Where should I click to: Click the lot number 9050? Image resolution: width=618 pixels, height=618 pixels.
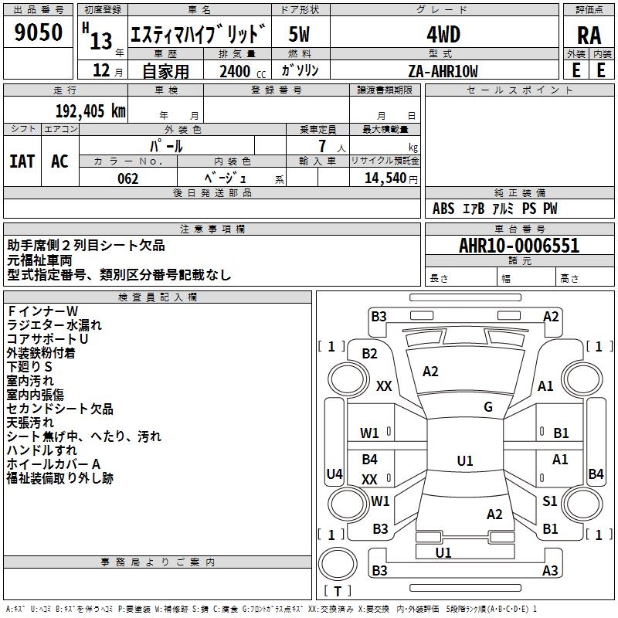tap(38, 32)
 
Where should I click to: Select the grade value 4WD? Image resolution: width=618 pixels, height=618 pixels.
tap(443, 34)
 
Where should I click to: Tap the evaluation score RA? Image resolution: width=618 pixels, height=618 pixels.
tap(589, 36)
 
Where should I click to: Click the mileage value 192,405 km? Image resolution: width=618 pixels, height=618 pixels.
tap(90, 111)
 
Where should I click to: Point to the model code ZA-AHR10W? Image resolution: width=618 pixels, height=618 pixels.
tap(443, 71)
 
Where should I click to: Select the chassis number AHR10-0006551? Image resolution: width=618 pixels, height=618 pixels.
tap(519, 246)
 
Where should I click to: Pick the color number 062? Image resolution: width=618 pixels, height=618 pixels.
tap(127, 178)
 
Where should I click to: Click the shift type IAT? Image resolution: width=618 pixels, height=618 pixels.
tap(22, 161)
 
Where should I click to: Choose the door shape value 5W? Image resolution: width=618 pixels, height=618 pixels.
tap(299, 34)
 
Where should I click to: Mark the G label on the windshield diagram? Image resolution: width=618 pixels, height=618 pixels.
tap(488, 407)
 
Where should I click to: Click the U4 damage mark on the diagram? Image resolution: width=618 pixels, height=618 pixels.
tap(334, 474)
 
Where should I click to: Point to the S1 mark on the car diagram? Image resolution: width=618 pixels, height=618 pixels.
tap(549, 501)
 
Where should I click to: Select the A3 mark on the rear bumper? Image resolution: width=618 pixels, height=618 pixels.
tap(550, 570)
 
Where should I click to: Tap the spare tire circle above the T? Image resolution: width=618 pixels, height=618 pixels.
tap(338, 564)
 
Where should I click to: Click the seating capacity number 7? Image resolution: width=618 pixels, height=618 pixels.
tap(322, 146)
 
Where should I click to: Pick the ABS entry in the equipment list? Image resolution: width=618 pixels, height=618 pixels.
tap(443, 209)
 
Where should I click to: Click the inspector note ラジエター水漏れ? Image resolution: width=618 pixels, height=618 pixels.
tap(54, 325)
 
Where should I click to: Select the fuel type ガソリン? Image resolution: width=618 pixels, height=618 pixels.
tap(300, 70)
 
